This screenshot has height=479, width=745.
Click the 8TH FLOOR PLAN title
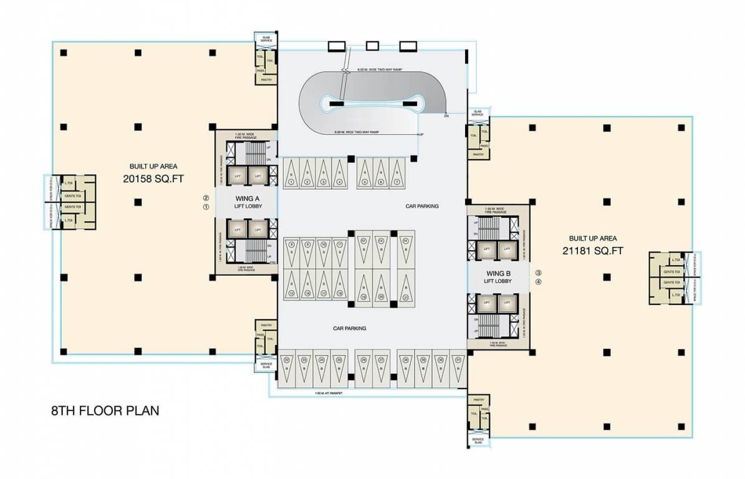105,411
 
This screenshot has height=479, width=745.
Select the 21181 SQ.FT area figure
592,251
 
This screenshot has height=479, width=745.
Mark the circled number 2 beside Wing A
204,199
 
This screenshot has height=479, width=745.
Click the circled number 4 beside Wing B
538,281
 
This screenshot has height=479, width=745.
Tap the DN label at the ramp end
446,116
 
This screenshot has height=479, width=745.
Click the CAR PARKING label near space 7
421,205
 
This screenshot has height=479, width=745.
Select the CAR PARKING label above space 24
349,328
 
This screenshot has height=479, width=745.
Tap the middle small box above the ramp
372,45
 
